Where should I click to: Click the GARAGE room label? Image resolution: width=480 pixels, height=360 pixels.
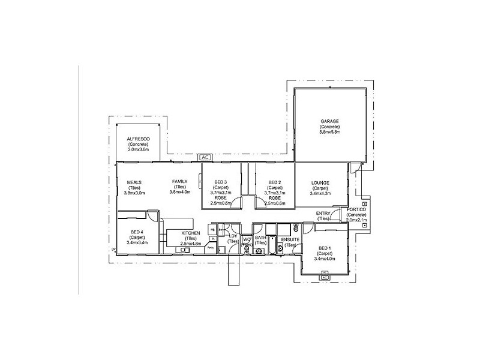tap(329, 121)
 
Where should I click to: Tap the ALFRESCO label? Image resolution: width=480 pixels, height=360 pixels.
tap(138, 139)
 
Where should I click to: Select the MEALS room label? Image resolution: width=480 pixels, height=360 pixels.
tap(134, 182)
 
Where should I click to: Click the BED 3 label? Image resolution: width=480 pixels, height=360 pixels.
tap(220, 182)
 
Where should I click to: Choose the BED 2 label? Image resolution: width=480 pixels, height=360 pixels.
tap(275, 182)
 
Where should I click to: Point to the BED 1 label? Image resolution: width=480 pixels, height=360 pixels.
tap(325, 248)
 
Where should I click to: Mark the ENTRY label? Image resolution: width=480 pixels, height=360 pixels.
tap(323, 214)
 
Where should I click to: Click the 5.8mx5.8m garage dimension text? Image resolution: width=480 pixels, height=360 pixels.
tap(329, 131)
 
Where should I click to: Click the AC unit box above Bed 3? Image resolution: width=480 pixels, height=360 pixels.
tap(205, 157)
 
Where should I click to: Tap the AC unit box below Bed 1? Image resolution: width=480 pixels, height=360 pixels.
tap(325, 278)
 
